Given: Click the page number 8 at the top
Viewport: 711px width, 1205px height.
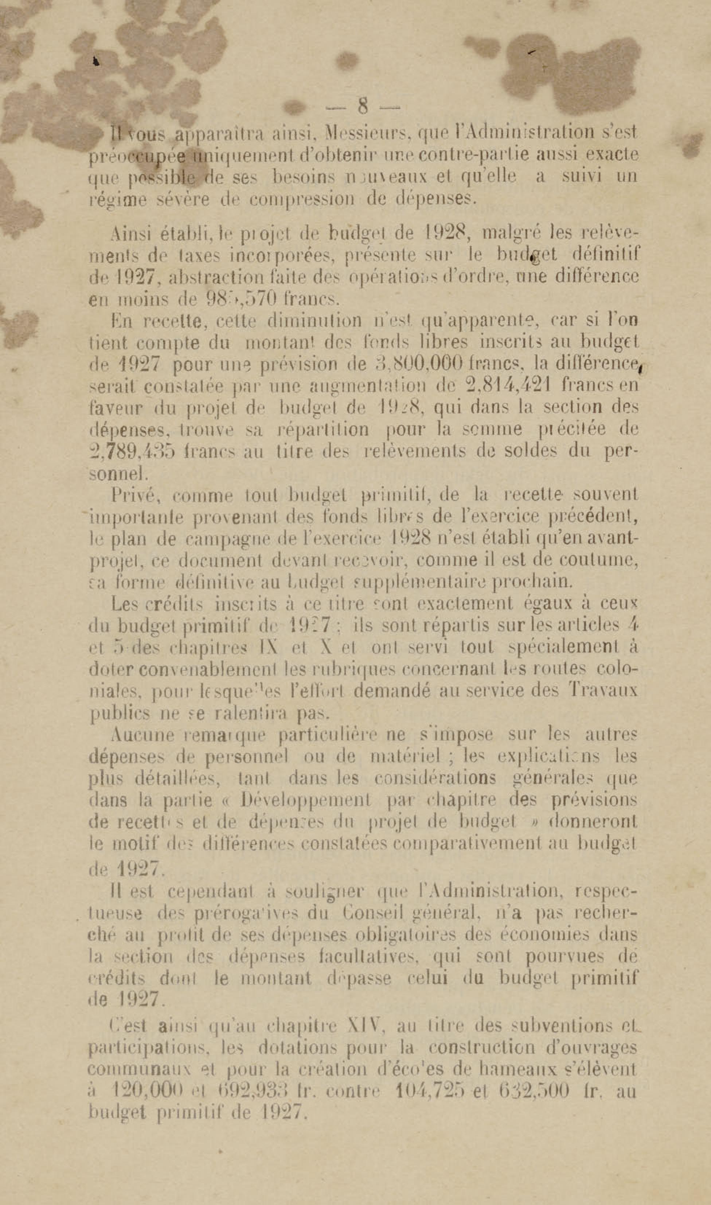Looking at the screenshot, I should click(362, 105).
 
